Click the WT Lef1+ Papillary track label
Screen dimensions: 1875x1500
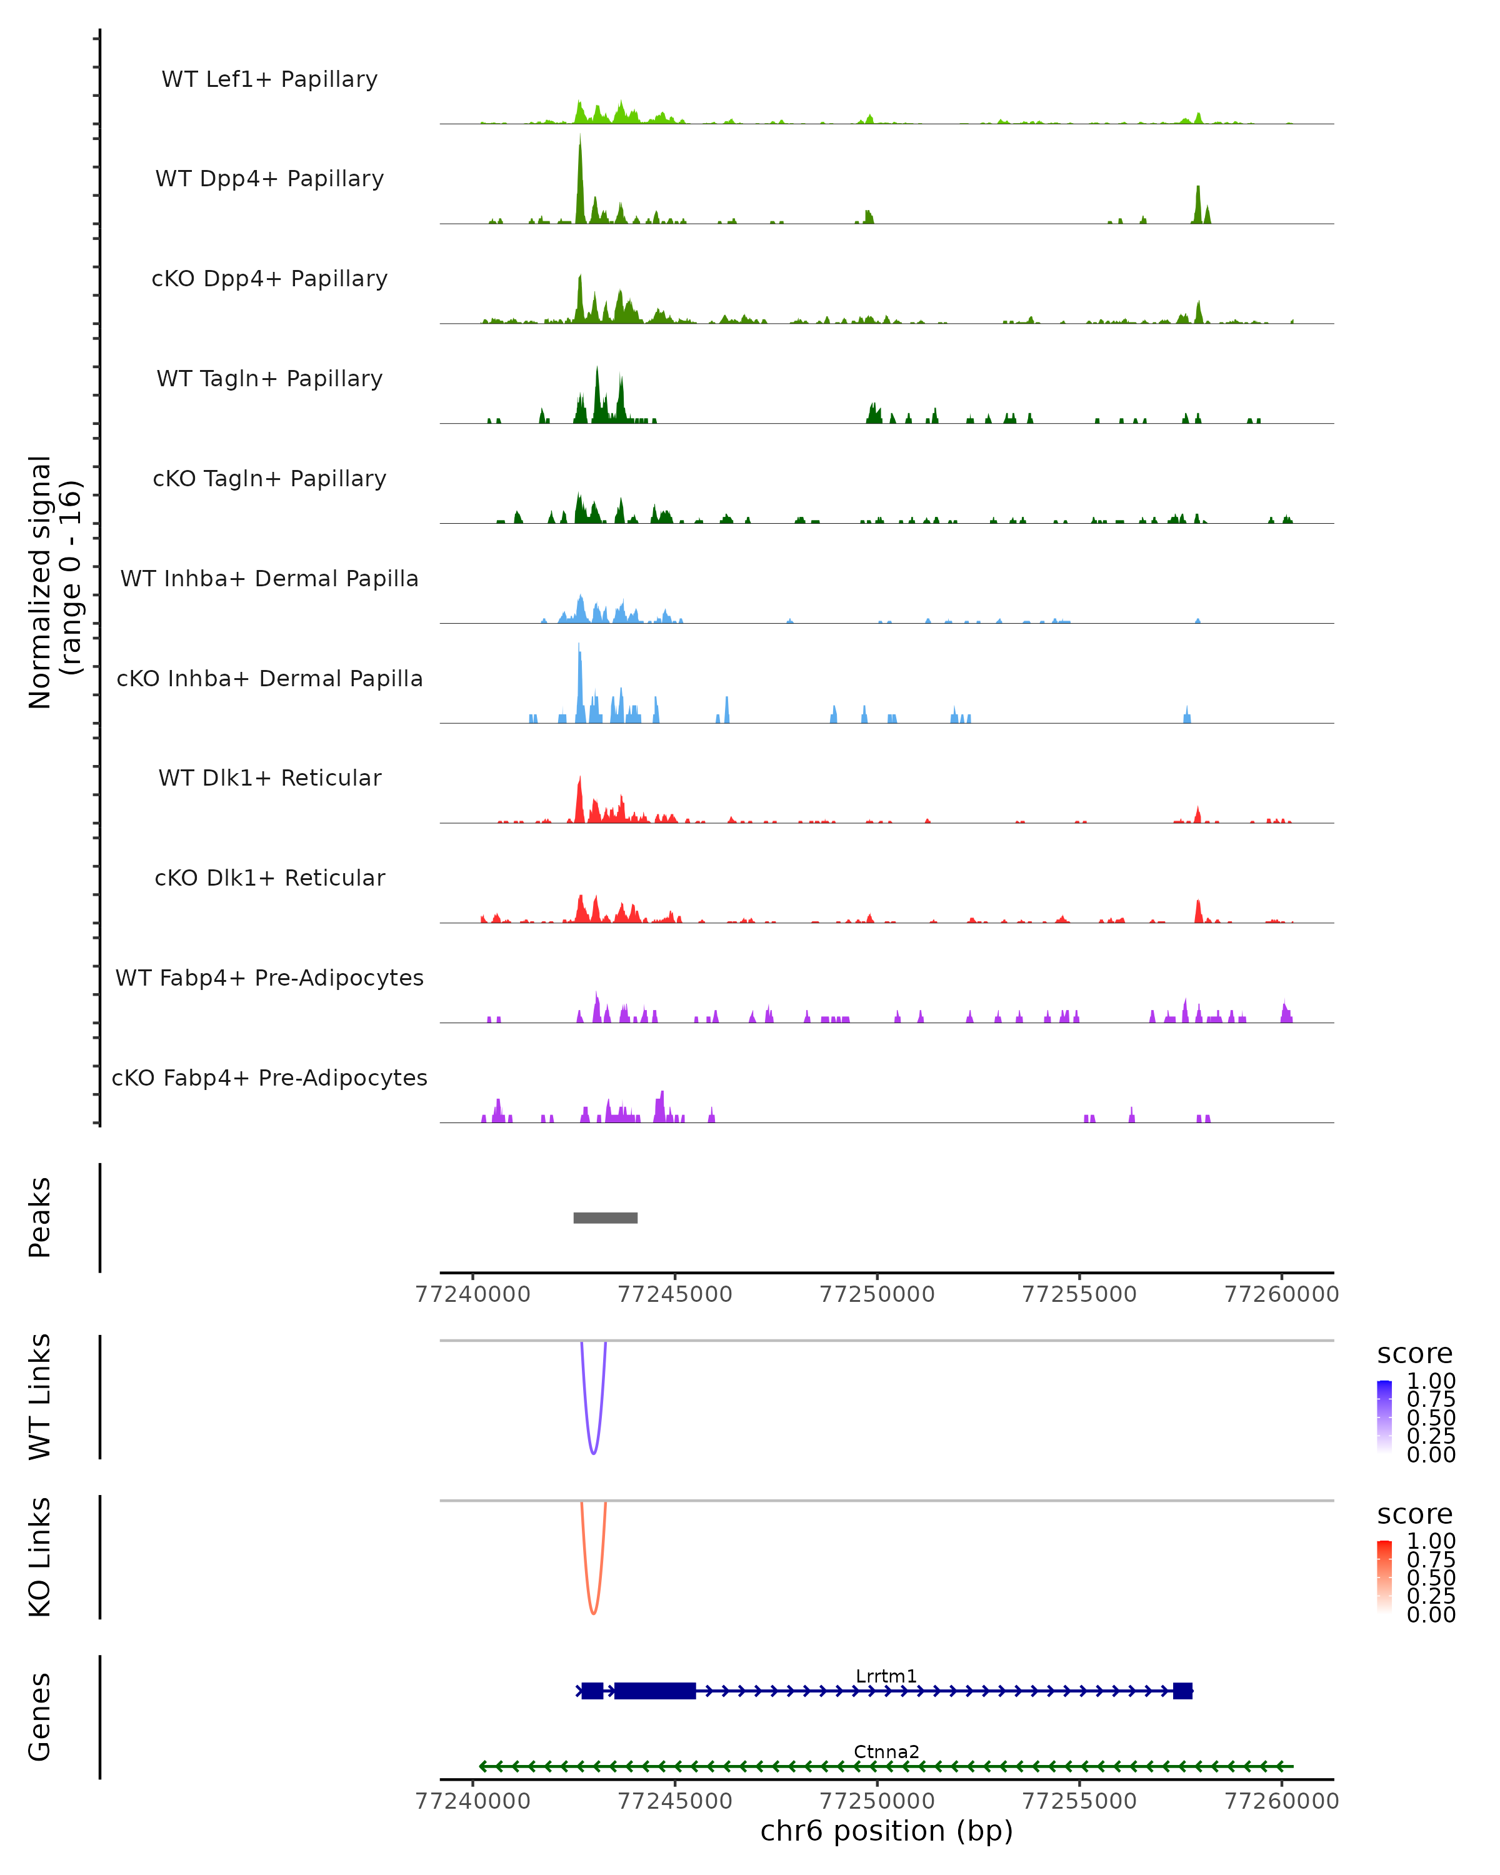(269, 80)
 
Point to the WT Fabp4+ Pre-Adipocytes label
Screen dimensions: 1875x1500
(269, 978)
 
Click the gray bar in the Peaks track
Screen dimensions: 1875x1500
(605, 1218)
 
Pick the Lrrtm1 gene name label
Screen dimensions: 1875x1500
(886, 1677)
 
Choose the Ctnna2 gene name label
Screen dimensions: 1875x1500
(886, 1752)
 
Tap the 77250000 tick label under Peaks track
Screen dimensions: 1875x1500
(877, 1295)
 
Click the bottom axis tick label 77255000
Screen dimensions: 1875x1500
(1079, 1801)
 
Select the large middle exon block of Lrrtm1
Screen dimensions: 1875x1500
(655, 1691)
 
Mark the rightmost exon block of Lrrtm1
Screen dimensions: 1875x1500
(1182, 1691)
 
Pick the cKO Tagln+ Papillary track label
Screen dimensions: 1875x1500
(269, 479)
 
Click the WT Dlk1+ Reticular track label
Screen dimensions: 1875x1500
(269, 778)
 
